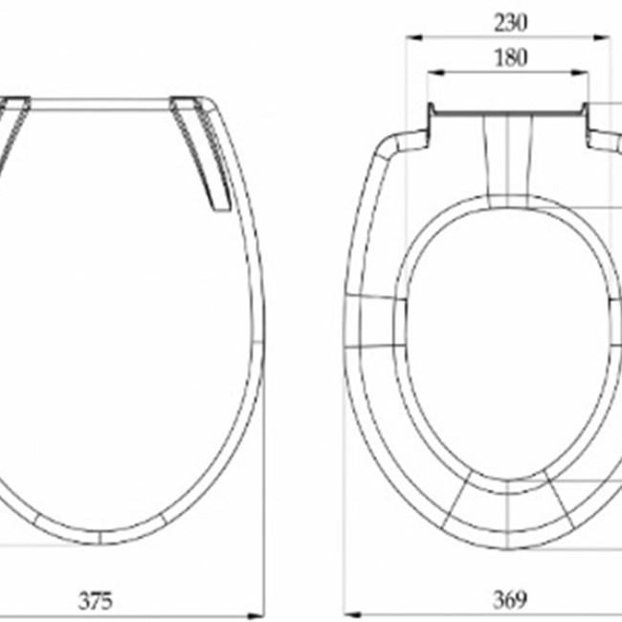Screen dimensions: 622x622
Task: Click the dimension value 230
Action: pos(511,23)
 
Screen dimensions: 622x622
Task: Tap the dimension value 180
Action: pos(511,57)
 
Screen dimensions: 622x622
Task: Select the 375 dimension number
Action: pos(96,600)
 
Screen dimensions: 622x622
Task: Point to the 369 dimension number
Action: pos(510,599)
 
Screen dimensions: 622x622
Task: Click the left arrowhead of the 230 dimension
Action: pos(413,37)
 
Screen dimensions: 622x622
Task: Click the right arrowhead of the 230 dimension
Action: pos(601,37)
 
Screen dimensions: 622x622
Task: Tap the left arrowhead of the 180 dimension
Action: pos(435,73)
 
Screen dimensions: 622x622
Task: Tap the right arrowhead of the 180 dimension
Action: pos(580,73)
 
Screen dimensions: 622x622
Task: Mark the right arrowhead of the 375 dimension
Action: pos(255,616)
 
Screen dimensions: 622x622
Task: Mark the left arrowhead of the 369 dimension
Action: pos(352,615)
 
